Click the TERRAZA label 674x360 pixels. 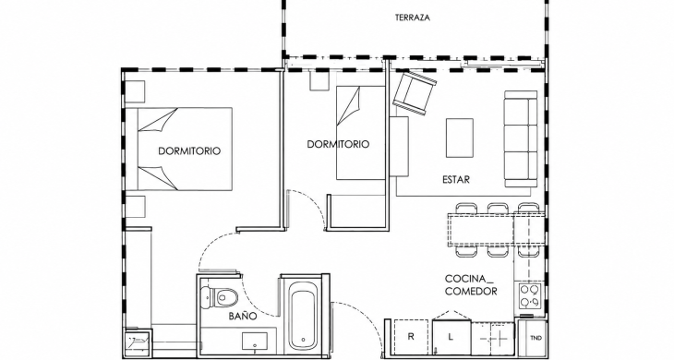point(413,18)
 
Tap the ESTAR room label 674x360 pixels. point(456,180)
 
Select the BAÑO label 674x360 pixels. point(243,317)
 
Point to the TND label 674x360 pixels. point(536,338)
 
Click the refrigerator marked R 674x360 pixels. point(412,338)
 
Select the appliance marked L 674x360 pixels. point(451,338)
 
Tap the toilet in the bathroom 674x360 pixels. point(219,296)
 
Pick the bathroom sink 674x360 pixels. point(256,342)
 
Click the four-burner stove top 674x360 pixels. point(530,296)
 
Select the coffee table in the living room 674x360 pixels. point(460,138)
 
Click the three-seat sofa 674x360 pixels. point(521,138)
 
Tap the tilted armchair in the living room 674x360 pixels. point(415,93)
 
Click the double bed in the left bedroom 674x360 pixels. point(185,149)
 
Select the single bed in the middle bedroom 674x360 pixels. point(360,133)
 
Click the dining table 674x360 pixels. point(497,230)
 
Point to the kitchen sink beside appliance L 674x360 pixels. point(493,339)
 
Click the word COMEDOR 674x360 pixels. point(471,292)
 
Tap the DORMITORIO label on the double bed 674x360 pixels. point(189,151)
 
